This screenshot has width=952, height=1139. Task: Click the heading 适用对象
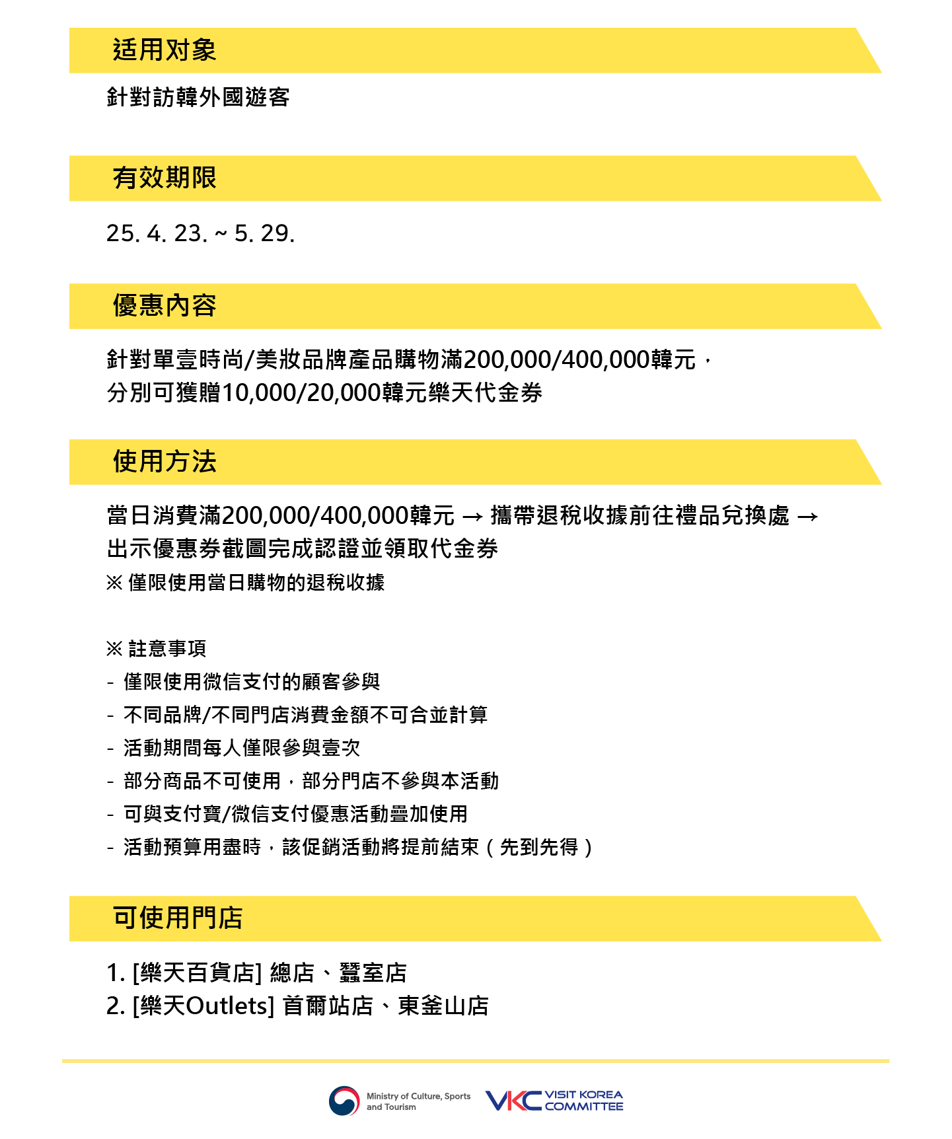tap(165, 50)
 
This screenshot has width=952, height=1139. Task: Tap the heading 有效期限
tap(165, 178)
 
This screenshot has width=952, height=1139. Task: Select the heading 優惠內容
tap(165, 306)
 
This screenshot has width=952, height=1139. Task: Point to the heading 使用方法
tap(165, 462)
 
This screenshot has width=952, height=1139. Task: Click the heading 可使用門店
tap(178, 918)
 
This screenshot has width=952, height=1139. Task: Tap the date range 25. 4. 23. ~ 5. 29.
tap(200, 233)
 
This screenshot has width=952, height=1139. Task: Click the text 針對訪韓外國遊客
tap(198, 97)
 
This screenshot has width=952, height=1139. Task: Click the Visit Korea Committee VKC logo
tap(554, 1101)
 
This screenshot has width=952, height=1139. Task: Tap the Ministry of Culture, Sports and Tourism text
tap(419, 1101)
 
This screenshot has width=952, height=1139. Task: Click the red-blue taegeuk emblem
tap(344, 1101)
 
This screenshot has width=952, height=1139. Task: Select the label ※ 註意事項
tap(156, 649)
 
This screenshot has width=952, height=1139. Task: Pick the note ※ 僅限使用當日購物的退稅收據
tap(245, 583)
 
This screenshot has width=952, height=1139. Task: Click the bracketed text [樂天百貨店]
tap(197, 973)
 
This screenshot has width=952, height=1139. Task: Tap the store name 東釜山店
tap(443, 1006)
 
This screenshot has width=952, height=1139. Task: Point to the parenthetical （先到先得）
tap(539, 847)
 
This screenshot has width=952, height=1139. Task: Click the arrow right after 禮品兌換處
tap(807, 516)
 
